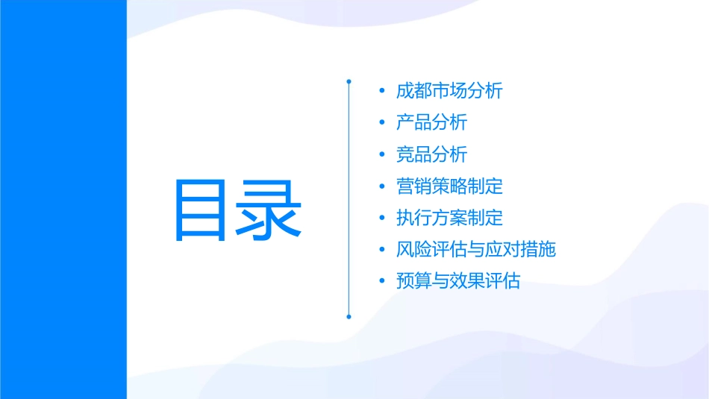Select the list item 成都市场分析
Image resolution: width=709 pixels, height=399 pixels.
tap(450, 91)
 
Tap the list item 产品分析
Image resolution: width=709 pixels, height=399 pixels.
tap(432, 122)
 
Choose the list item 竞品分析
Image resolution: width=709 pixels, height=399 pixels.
tap(432, 154)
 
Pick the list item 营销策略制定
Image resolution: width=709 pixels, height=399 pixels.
tap(450, 186)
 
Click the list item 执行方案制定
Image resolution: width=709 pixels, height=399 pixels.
tap(450, 218)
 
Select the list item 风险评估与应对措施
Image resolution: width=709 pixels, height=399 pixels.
tap(476, 249)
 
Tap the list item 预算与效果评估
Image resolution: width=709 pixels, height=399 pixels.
tap(458, 281)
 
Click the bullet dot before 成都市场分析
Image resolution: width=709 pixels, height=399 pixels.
tap(382, 92)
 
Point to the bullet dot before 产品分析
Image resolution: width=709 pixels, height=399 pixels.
tap(382, 123)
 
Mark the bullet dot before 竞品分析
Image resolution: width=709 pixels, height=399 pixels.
tap(382, 155)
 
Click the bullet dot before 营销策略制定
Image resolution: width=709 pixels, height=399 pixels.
tap(382, 186)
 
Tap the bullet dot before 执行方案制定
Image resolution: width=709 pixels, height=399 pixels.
tap(382, 219)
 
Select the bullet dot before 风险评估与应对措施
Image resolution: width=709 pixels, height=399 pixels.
tap(382, 250)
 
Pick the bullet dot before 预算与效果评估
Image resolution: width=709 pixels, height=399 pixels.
tap(382, 282)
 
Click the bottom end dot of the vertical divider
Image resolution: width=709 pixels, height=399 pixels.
tap(349, 316)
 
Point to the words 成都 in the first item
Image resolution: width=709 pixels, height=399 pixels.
tap(414, 91)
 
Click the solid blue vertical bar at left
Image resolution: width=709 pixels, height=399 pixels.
tap(63, 199)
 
